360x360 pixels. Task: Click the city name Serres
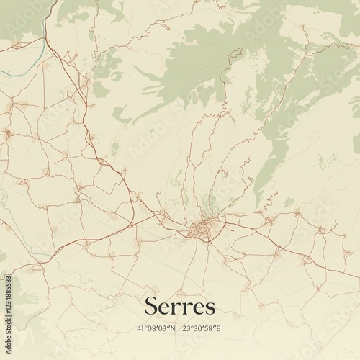point(179,307)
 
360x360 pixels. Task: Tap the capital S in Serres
point(152,306)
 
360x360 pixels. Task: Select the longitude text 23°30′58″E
point(204,329)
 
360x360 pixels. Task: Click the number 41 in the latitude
point(140,329)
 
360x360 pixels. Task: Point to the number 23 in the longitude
point(189,329)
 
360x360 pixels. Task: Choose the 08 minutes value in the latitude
point(151,329)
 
